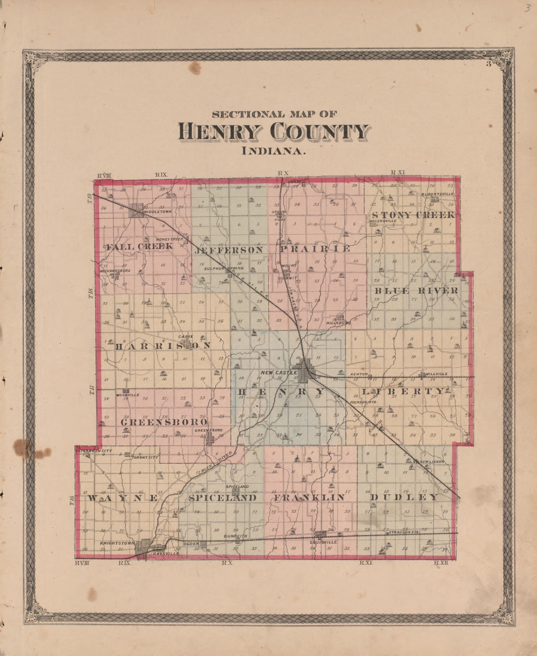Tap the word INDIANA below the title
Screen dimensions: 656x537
click(x=273, y=152)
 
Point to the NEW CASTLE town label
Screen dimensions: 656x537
click(x=279, y=373)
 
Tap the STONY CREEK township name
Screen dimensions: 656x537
click(x=413, y=215)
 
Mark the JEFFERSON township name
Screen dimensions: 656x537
click(x=229, y=250)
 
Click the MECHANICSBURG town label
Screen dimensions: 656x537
click(x=115, y=270)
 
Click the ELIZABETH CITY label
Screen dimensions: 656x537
click(x=93, y=451)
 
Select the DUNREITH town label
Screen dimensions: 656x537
click(x=236, y=536)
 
